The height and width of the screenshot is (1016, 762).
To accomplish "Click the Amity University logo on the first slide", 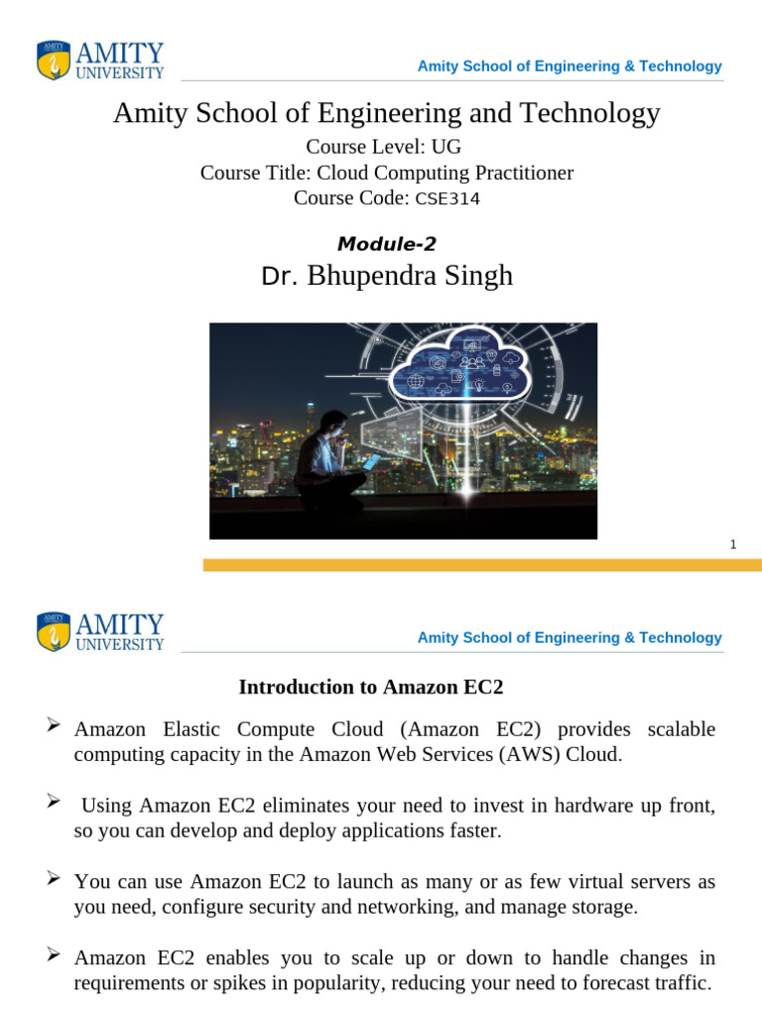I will click(x=100, y=60).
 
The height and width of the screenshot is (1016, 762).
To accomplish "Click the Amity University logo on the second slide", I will click(x=100, y=632).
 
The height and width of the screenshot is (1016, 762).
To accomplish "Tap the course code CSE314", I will click(x=446, y=198).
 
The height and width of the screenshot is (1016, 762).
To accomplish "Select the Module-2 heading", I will click(x=387, y=243).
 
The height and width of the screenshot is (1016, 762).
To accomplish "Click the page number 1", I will click(x=732, y=544).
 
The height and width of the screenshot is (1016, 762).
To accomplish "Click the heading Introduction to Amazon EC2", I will click(x=378, y=687).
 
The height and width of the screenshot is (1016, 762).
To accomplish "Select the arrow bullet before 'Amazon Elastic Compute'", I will click(x=56, y=728).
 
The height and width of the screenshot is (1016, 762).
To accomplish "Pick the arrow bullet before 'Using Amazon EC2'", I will click(x=56, y=803).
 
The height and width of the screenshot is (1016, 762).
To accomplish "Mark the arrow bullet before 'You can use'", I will click(x=56, y=879).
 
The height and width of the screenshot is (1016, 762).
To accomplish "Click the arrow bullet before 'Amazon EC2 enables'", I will click(x=56, y=955).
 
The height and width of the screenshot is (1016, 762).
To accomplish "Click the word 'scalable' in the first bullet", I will click(x=681, y=729).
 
